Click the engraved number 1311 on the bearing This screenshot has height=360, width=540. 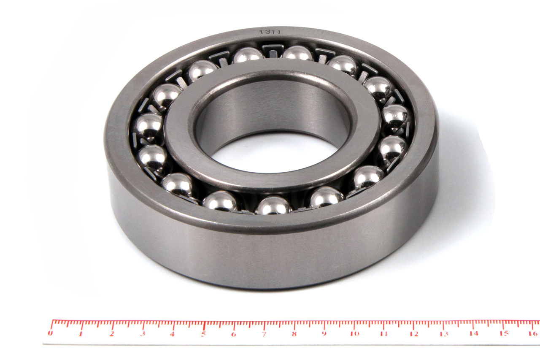tap(270, 32)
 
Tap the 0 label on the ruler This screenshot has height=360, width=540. tap(50, 333)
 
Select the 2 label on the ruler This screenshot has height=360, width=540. tap(111, 334)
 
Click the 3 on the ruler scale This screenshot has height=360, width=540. tap(143, 334)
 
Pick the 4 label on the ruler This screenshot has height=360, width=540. tap(172, 334)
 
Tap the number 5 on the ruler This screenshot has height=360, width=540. tap(203, 334)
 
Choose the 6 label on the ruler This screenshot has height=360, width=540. tap(233, 334)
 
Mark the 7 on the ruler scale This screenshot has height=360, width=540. tap(264, 334)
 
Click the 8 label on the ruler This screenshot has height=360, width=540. tap(294, 334)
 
